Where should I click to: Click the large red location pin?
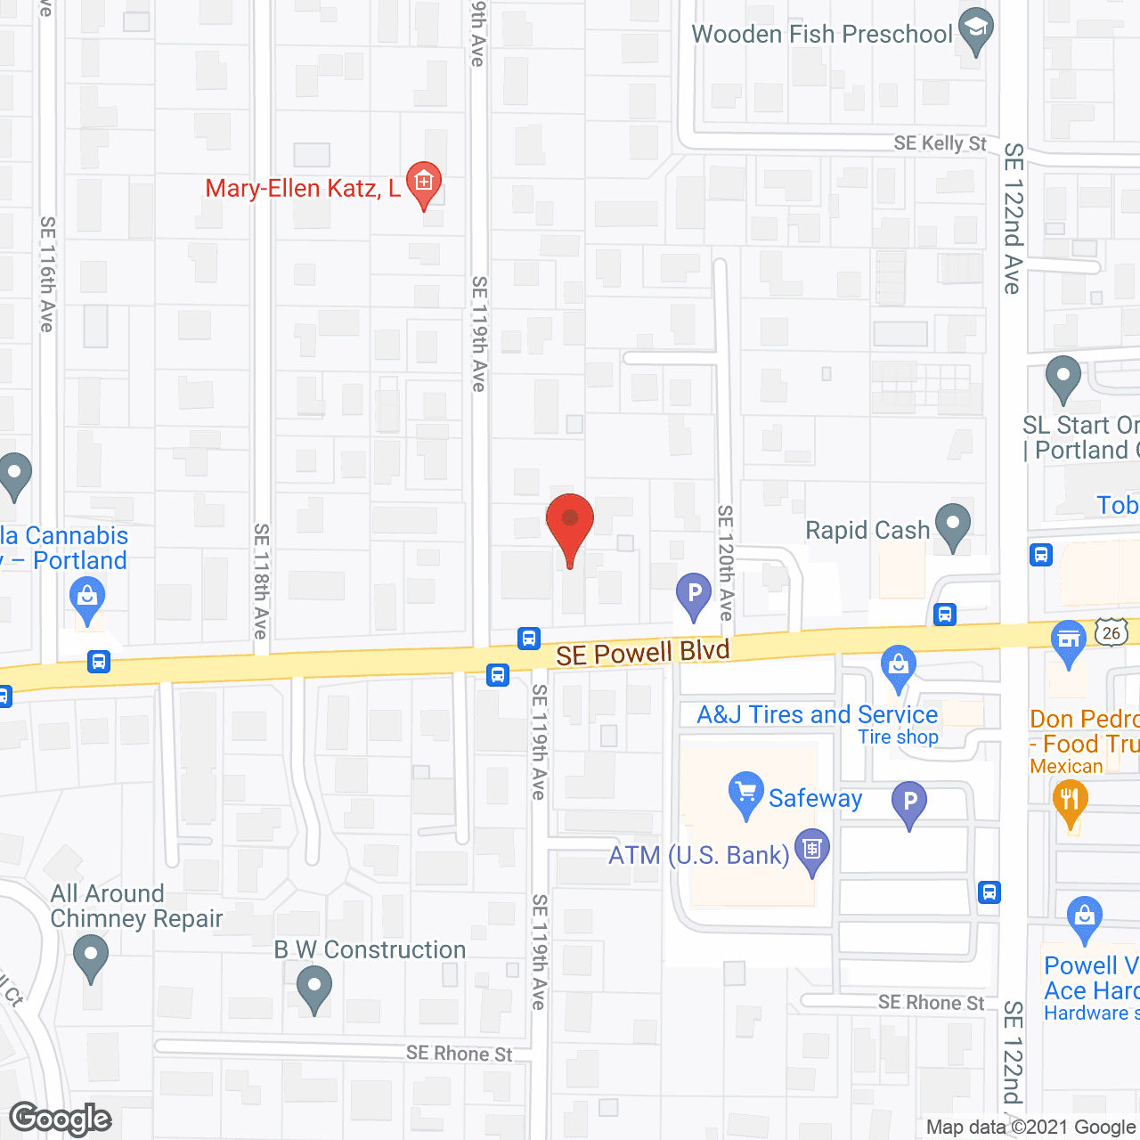(x=569, y=525)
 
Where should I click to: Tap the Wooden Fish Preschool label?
(x=822, y=34)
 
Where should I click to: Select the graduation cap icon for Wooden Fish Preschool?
(x=976, y=29)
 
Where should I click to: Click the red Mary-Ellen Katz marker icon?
(x=424, y=183)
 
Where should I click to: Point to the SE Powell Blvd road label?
(x=642, y=653)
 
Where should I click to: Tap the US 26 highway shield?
(x=1111, y=633)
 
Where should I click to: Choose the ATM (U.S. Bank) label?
(x=699, y=855)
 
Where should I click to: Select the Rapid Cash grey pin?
(x=952, y=525)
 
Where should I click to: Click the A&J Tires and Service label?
(x=817, y=714)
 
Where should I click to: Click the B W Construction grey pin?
(x=313, y=989)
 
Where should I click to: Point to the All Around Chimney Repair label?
(x=135, y=906)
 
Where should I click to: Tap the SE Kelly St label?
(x=940, y=143)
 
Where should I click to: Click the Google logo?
(x=61, y=1119)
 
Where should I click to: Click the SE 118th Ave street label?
(x=261, y=581)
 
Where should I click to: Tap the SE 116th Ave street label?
(x=47, y=274)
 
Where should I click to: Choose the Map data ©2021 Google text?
(x=1031, y=1128)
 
